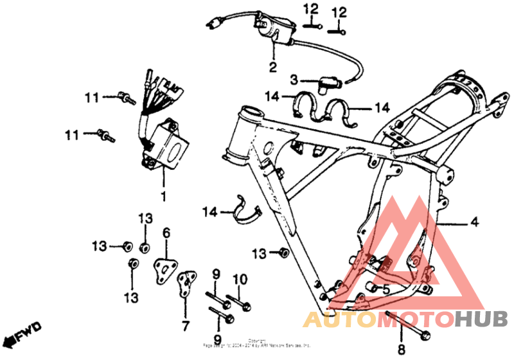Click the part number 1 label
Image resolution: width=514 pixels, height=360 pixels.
[x=163, y=195]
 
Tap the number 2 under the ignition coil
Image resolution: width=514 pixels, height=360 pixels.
[x=272, y=67]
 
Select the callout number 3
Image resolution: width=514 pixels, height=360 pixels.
[x=293, y=80]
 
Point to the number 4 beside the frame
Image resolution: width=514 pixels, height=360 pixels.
[x=474, y=222]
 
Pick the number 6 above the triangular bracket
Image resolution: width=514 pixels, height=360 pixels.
[x=166, y=233]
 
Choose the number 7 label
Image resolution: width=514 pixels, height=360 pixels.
[x=186, y=325]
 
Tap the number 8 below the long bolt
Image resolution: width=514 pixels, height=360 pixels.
[x=402, y=349]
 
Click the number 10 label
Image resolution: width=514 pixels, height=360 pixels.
[x=239, y=279]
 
